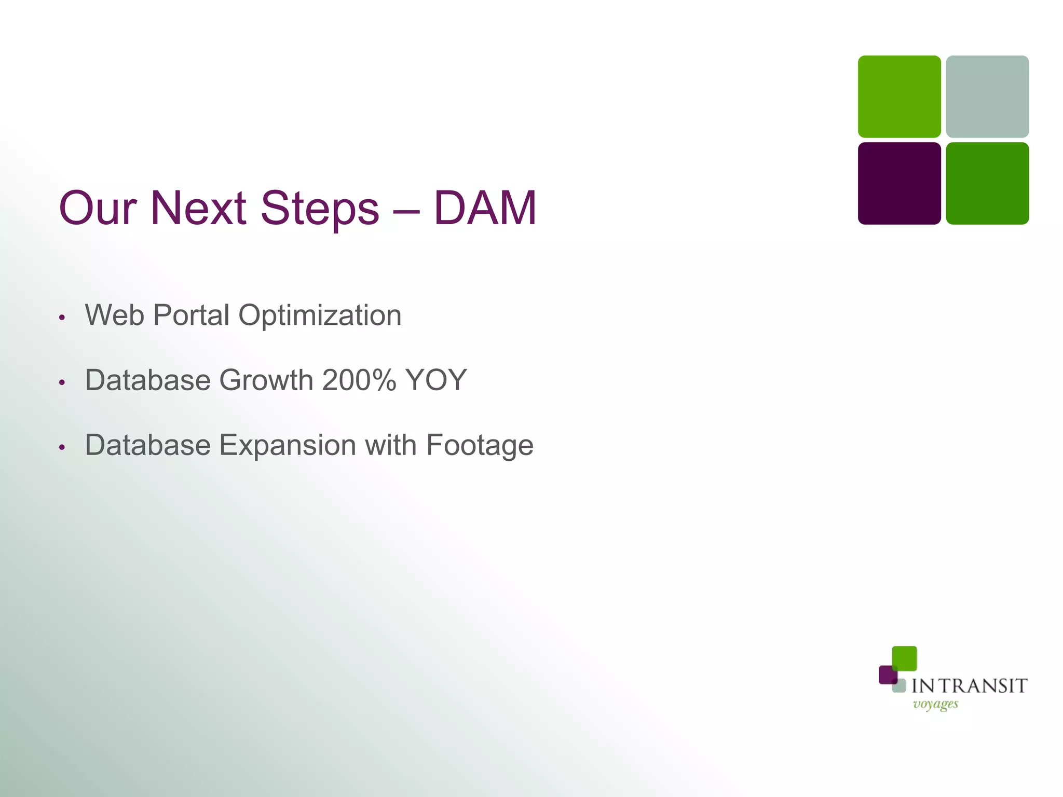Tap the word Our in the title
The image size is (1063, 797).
(98, 208)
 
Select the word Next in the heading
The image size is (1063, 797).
(198, 208)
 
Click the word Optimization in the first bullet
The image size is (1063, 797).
(320, 316)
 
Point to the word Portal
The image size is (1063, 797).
(191, 315)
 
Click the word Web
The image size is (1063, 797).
(114, 315)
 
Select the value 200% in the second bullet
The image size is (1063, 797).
(359, 380)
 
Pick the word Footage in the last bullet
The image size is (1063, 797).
(479, 446)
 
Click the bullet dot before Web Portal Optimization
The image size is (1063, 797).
(62, 317)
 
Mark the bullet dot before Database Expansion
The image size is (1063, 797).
(62, 447)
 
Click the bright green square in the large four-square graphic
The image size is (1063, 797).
(899, 97)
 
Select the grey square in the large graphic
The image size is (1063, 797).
(987, 97)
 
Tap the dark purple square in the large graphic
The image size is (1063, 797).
(899, 183)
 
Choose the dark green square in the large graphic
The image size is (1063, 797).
(987, 183)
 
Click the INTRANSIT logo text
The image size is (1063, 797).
(969, 686)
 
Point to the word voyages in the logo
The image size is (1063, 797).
(935, 705)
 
